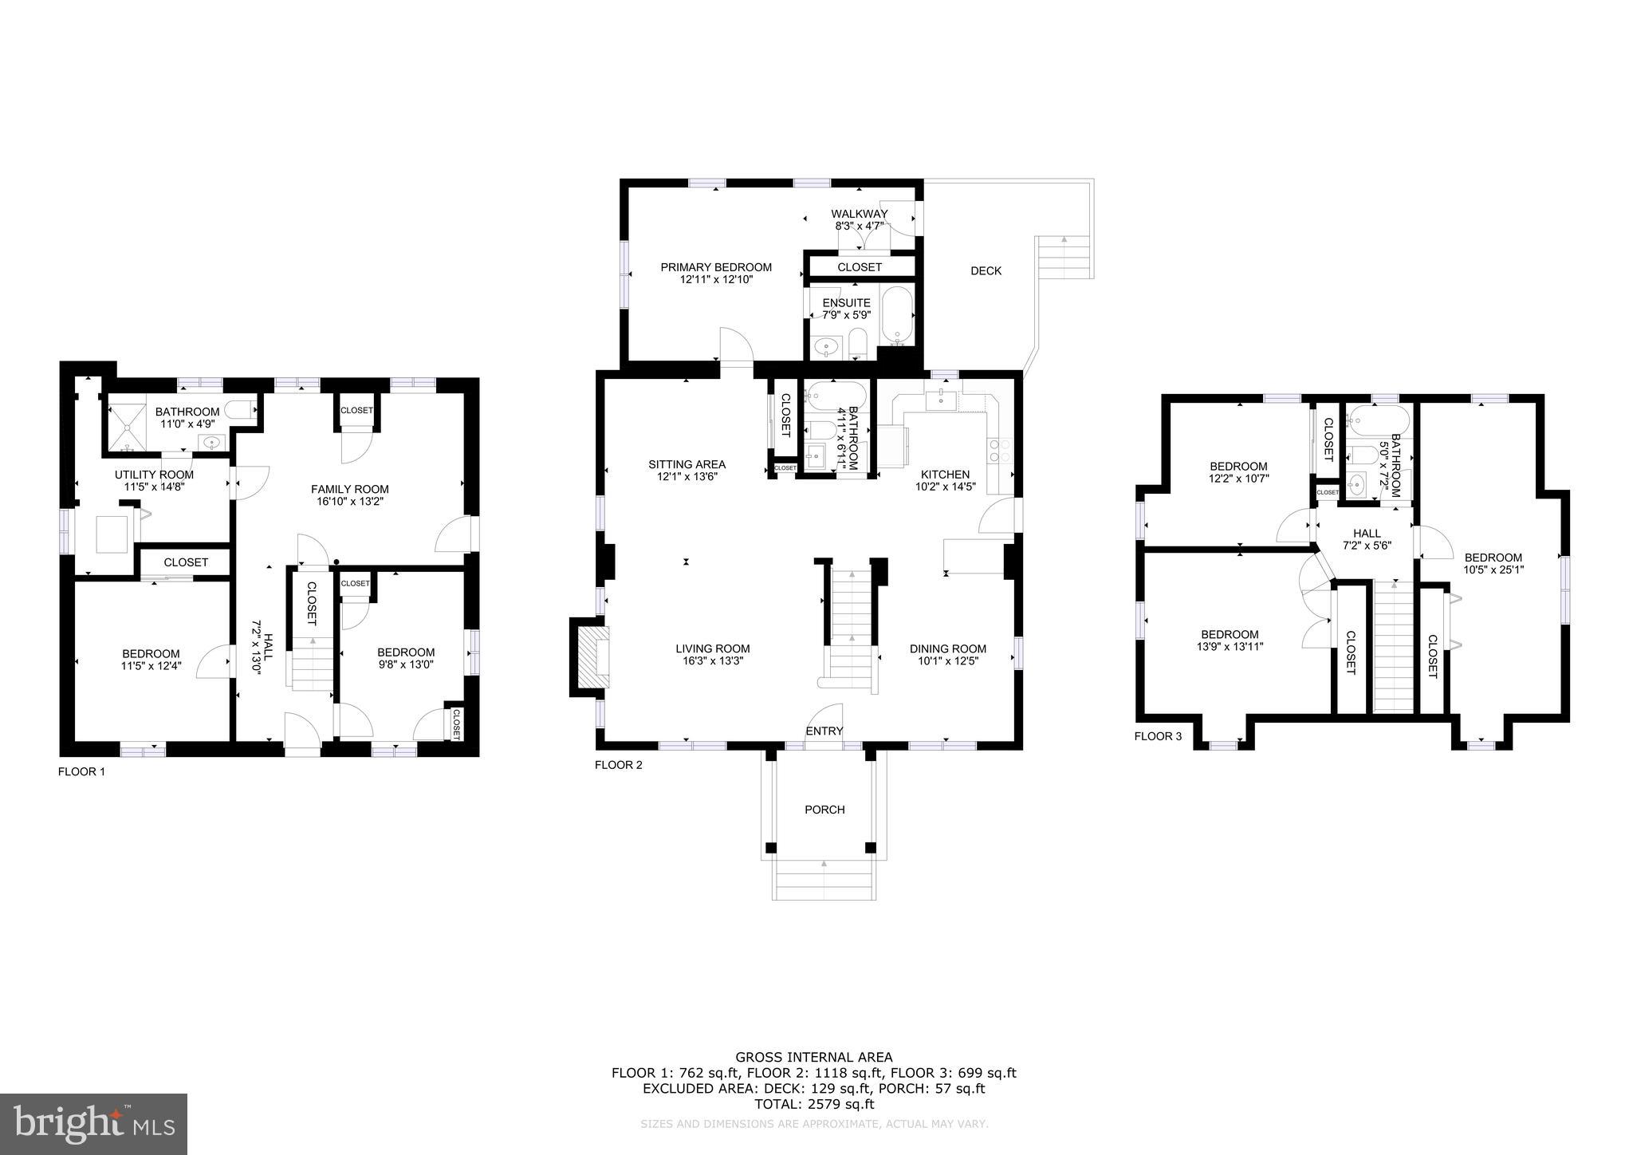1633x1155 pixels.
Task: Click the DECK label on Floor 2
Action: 986,271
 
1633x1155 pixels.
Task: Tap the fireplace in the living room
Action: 591,656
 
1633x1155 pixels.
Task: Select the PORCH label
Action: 824,810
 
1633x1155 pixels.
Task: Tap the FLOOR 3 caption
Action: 1158,736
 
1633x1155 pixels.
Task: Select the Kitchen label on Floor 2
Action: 945,475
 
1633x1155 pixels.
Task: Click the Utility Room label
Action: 154,475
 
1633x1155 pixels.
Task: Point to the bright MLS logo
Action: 93,1125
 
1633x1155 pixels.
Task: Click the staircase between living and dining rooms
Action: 851,630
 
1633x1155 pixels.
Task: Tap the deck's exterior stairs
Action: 1064,257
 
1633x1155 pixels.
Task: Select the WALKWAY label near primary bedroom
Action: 859,214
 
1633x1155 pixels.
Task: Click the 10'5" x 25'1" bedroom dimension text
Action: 1493,570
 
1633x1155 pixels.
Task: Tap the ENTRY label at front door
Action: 824,731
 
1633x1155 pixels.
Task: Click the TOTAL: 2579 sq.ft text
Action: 814,1105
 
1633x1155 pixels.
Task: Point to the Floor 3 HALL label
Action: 1366,534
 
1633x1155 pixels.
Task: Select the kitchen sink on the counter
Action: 942,398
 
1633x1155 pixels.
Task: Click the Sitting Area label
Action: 687,464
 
